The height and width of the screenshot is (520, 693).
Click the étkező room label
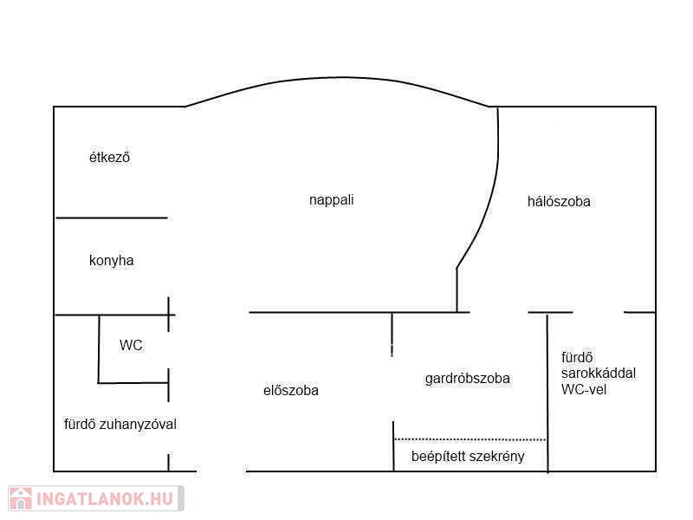pyautogui.click(x=109, y=158)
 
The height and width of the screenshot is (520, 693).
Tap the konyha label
pyautogui.click(x=111, y=260)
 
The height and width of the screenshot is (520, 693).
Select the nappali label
pyautogui.click(x=331, y=199)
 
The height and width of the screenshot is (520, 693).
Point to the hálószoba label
pyautogui.click(x=559, y=201)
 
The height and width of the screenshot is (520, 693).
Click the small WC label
pyautogui.click(x=131, y=345)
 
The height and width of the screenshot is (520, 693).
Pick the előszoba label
pyautogui.click(x=290, y=391)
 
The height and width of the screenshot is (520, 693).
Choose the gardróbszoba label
pyautogui.click(x=467, y=379)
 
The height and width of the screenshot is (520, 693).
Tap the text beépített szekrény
pyautogui.click(x=467, y=456)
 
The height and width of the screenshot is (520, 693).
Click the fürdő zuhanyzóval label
pyautogui.click(x=120, y=425)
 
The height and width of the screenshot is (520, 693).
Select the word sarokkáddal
pyautogui.click(x=599, y=374)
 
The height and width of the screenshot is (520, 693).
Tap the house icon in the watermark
pyautogui.click(x=21, y=498)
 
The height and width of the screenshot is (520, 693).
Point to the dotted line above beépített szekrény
pyautogui.click(x=470, y=439)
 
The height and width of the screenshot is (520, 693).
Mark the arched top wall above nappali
pyautogui.click(x=338, y=78)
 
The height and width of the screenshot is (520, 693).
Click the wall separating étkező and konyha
pyautogui.click(x=111, y=218)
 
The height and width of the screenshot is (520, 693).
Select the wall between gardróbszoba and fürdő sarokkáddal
pyautogui.click(x=547, y=390)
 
